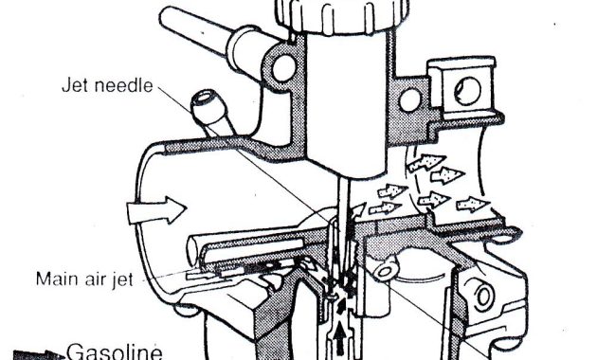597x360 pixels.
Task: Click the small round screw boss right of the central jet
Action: pyautogui.click(x=386, y=274)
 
